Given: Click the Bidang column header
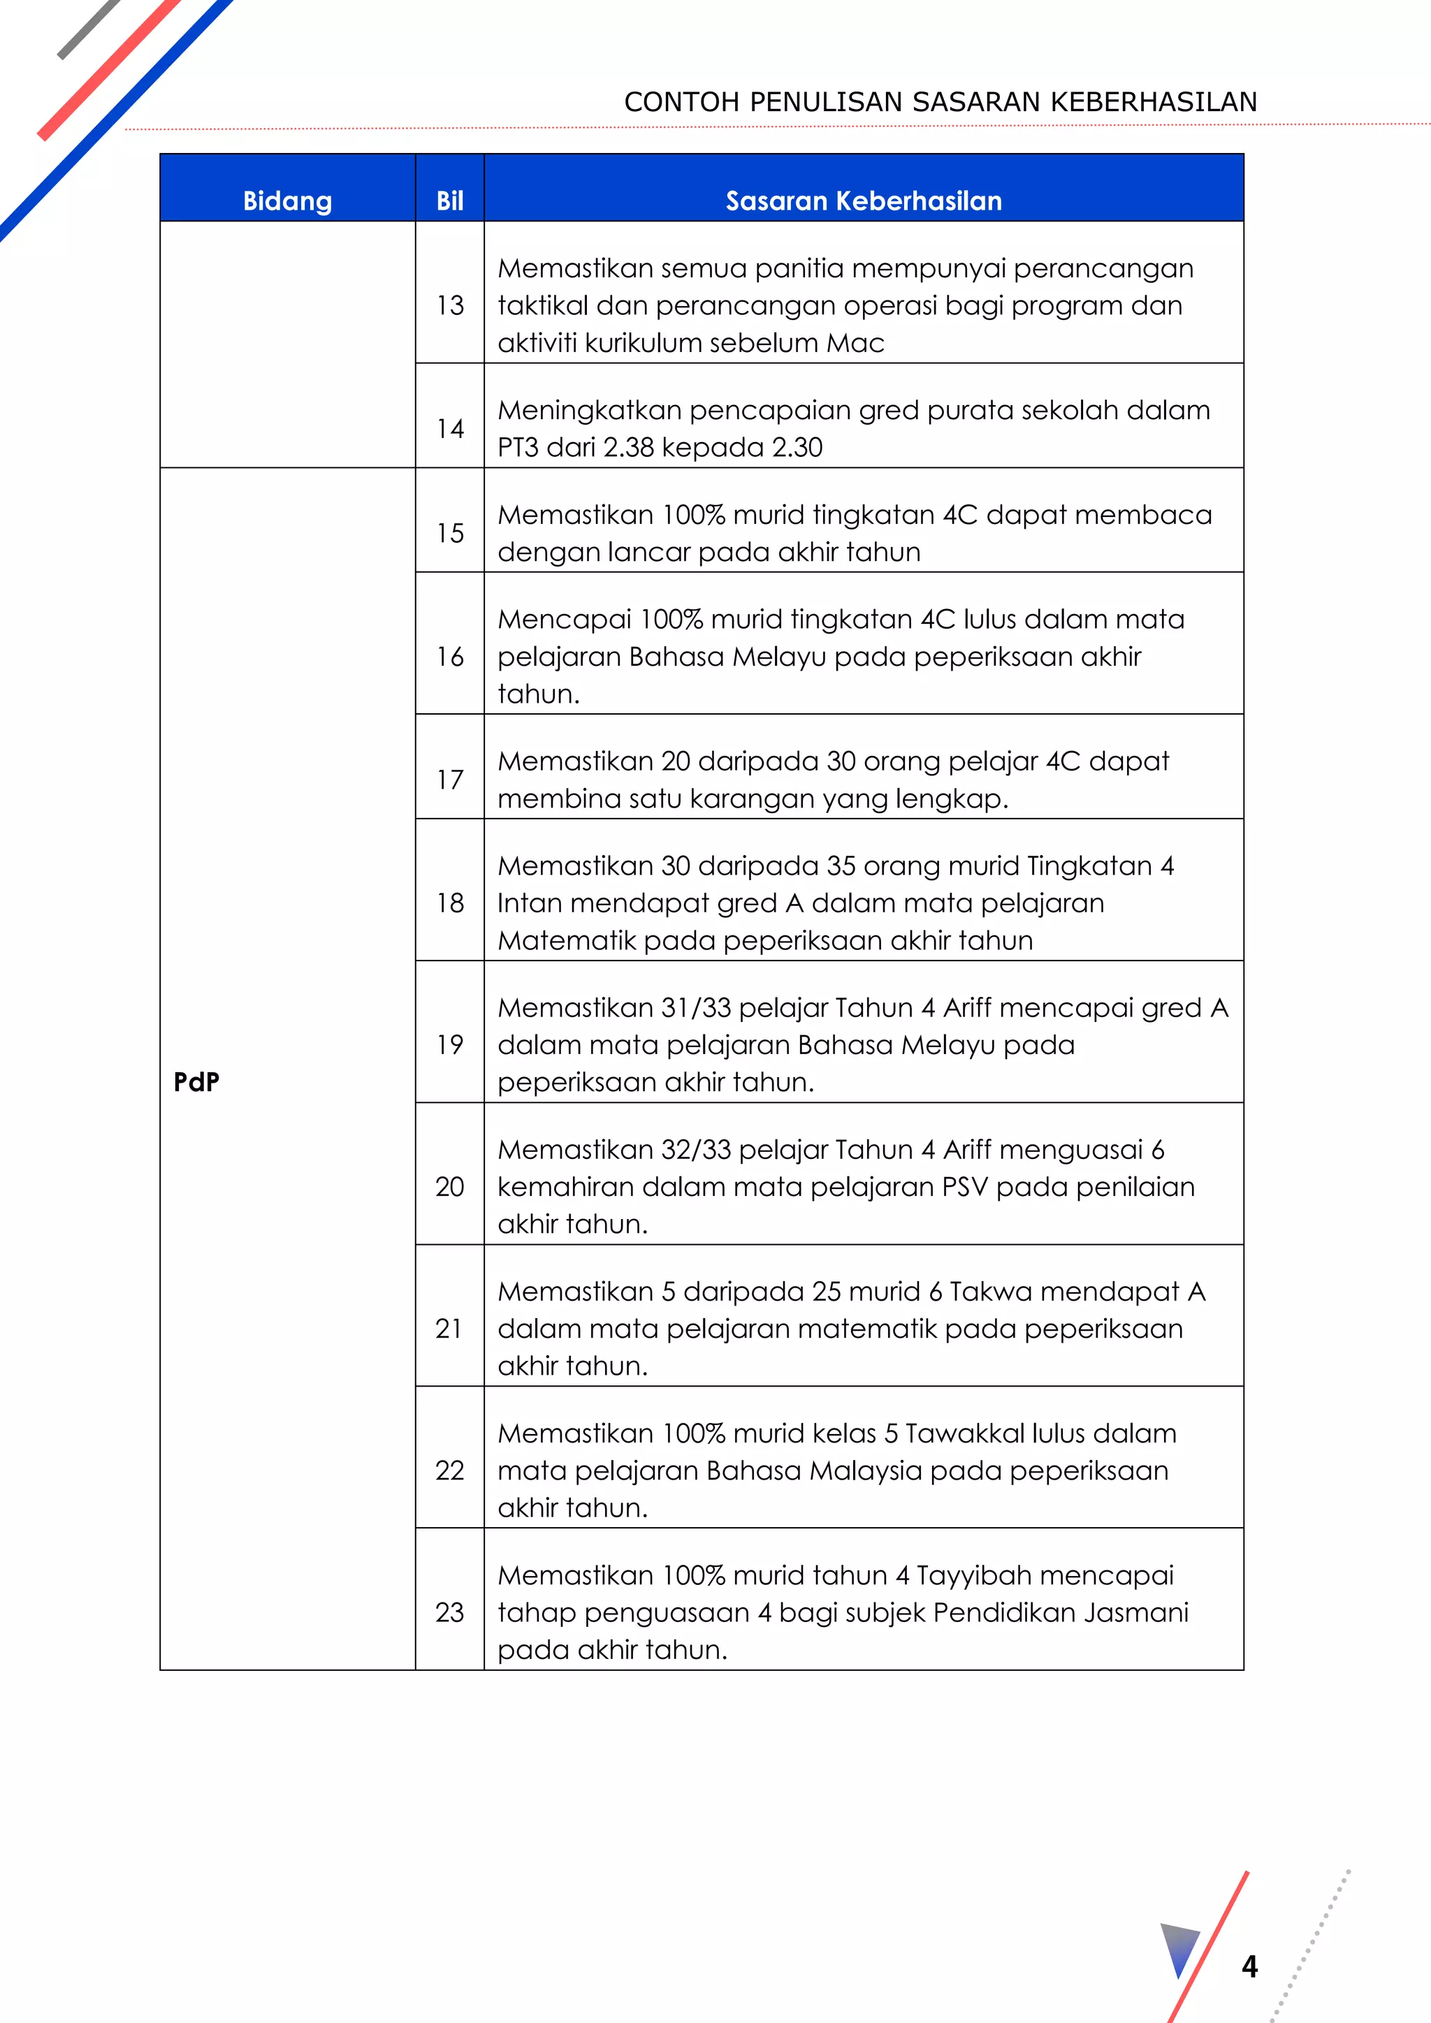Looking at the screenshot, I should point(287,201).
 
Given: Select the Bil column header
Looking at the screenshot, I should point(449,201).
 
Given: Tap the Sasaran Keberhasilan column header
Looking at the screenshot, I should point(864,201).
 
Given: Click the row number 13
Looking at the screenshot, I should point(449,306).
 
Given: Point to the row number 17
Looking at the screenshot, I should point(449,780).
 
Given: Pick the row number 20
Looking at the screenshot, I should point(449,1187).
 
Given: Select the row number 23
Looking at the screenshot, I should point(449,1612).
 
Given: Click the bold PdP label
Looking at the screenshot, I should point(196,1082).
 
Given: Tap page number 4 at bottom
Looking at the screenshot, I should point(1249,1966).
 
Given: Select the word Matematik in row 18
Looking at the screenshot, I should point(567,941).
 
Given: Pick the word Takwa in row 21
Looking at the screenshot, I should point(989,1292).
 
